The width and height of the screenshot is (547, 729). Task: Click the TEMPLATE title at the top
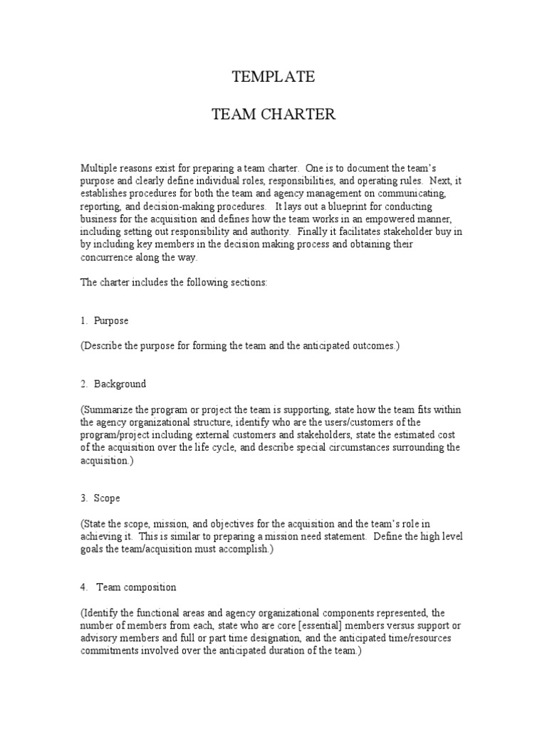273,78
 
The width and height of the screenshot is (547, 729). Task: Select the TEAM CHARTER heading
273,115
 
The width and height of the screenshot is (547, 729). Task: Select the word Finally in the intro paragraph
315,231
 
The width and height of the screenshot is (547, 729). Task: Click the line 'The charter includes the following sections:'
174,283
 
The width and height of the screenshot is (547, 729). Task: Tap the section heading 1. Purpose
104,321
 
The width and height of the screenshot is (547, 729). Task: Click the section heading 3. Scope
100,498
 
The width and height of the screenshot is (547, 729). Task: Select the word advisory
103,639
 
